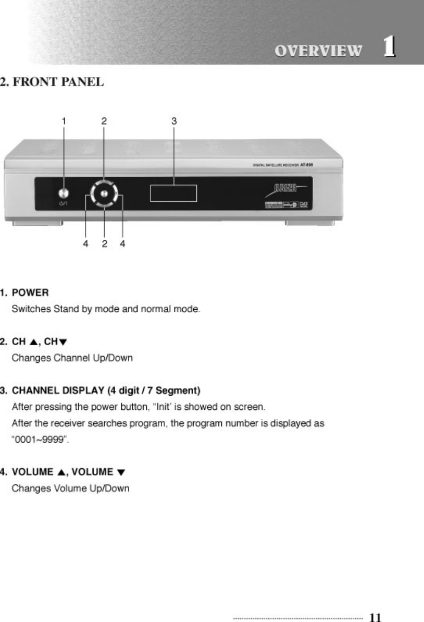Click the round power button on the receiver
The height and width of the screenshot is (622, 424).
pyautogui.click(x=64, y=192)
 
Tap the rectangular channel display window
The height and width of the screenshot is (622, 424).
pyautogui.click(x=173, y=193)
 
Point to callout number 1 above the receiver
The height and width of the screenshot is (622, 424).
pyautogui.click(x=64, y=120)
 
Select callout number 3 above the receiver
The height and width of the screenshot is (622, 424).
pyautogui.click(x=174, y=120)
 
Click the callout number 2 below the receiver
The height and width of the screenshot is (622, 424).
pyautogui.click(x=105, y=243)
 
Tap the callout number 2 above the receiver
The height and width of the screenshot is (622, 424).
pyautogui.click(x=104, y=120)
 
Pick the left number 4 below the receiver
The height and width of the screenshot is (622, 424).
pyautogui.click(x=85, y=243)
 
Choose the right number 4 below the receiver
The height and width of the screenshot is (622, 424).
pyautogui.click(x=122, y=243)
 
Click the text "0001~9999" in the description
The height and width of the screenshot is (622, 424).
pyautogui.click(x=40, y=440)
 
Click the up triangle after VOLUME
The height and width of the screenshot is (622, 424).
pyautogui.click(x=60, y=472)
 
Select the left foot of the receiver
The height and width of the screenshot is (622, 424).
pyautogui.click(x=38, y=223)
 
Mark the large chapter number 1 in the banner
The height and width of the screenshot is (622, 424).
pyautogui.click(x=388, y=47)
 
